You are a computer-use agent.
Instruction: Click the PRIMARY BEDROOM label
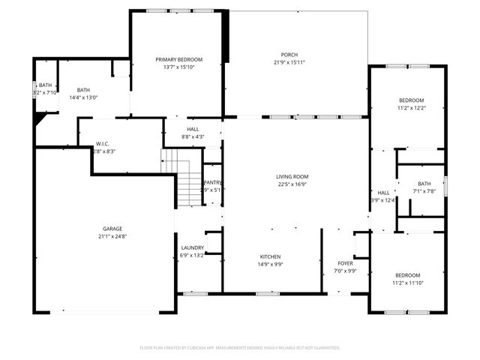pyautogui.click(x=178, y=59)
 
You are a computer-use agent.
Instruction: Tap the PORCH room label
pyautogui.click(x=289, y=55)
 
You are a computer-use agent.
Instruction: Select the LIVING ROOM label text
pyautogui.click(x=292, y=176)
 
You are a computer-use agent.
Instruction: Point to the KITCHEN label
pyautogui.click(x=270, y=256)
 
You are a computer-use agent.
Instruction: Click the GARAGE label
pyautogui.click(x=112, y=229)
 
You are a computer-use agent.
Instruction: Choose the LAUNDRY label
pyautogui.click(x=193, y=247)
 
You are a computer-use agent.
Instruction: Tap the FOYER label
pyautogui.click(x=345, y=263)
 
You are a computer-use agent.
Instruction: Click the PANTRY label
pyautogui.click(x=214, y=182)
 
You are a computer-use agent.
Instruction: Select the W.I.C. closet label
pyautogui.click(x=103, y=144)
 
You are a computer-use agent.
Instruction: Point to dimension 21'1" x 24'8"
pyautogui.click(x=112, y=237)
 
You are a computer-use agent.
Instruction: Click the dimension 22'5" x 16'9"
pyautogui.click(x=292, y=184)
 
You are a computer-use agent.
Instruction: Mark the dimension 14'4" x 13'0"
pyautogui.click(x=83, y=97)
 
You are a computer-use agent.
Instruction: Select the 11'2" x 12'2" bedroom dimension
pyautogui.click(x=411, y=108)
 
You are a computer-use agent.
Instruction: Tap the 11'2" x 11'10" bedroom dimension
pyautogui.click(x=408, y=283)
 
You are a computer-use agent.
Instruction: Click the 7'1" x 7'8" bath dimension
pyautogui.click(x=424, y=191)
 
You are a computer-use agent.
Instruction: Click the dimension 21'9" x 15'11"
pyautogui.click(x=289, y=63)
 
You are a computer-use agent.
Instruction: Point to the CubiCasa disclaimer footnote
pyautogui.click(x=240, y=348)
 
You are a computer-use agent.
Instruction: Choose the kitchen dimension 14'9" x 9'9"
pyautogui.click(x=270, y=264)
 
